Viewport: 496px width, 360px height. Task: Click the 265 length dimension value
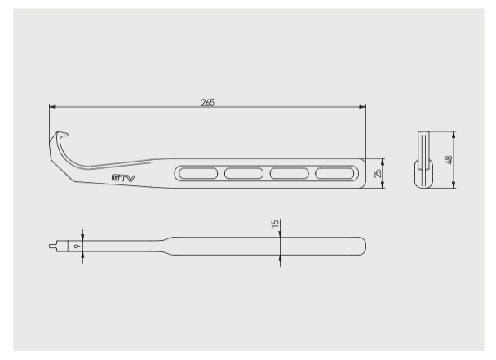[x=208, y=103]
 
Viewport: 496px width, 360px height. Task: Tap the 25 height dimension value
[x=378, y=173]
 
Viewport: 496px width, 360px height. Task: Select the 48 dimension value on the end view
[x=449, y=159]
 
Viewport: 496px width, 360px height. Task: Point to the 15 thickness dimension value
[x=275, y=223]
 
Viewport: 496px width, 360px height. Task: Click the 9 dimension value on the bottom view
[x=76, y=246]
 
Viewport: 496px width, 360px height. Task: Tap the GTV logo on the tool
[x=123, y=178]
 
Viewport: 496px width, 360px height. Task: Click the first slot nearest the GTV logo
[x=198, y=174]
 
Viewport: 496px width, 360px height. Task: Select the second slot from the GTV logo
[x=244, y=174]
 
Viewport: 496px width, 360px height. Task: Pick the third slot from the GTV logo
[x=289, y=174]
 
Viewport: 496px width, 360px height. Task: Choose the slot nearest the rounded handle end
[x=334, y=174]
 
